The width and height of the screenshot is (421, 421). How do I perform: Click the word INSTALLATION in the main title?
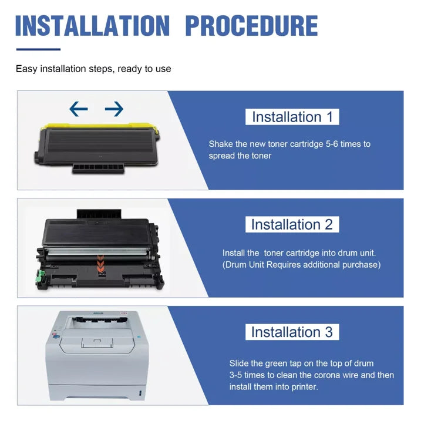coord(93,26)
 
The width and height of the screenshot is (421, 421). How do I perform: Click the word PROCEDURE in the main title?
coord(251,26)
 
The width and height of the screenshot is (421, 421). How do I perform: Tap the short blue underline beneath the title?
coord(38,49)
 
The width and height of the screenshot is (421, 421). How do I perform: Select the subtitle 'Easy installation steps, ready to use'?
coord(93,69)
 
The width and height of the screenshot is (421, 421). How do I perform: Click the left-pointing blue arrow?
coord(79,109)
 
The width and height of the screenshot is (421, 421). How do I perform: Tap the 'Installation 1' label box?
coord(292,117)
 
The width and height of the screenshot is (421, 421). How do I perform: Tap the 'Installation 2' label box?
coord(292,224)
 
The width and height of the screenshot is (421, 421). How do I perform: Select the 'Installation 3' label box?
coord(292,332)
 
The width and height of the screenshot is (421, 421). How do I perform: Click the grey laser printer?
coord(97,355)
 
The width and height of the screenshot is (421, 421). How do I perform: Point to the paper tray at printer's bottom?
coord(97,392)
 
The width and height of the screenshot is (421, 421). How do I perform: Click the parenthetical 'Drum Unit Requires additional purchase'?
coord(301,265)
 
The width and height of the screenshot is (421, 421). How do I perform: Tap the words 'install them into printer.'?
coord(274,386)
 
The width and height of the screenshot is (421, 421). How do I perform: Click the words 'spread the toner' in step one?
coord(240,156)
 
